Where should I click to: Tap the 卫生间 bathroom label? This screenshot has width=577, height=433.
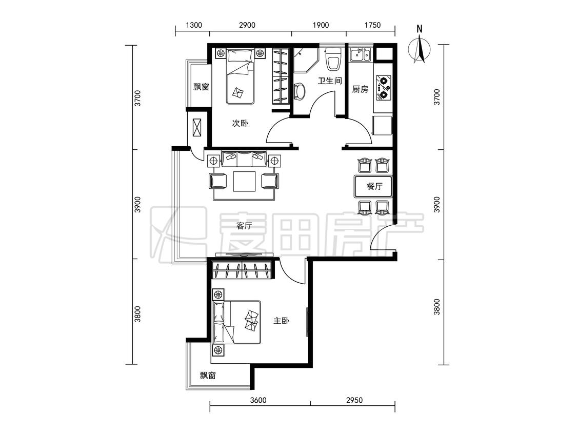click(330, 81)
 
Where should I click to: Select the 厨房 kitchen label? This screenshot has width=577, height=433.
click(360, 89)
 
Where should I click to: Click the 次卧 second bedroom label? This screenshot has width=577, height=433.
click(240, 123)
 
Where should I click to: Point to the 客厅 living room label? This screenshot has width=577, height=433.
click(244, 226)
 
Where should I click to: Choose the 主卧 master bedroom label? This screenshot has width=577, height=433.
click(281, 321)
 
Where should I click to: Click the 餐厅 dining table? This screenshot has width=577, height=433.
click(373, 186)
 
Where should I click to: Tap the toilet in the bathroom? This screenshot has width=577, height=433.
click(333, 59)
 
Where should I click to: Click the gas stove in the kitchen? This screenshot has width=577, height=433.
click(383, 88)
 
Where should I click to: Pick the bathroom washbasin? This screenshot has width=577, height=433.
click(300, 91)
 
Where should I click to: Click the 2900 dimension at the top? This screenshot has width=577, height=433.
click(247, 25)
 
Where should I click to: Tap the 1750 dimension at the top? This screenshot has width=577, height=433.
click(372, 25)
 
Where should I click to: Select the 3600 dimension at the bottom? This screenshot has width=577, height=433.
click(258, 400)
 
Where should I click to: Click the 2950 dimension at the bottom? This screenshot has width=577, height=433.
click(354, 400)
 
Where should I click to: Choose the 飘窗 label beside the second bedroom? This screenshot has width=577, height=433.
click(201, 87)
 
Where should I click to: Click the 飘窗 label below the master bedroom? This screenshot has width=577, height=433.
click(208, 375)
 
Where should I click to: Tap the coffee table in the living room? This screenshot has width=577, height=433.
click(244, 181)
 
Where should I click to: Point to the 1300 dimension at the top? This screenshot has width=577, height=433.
click(194, 25)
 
